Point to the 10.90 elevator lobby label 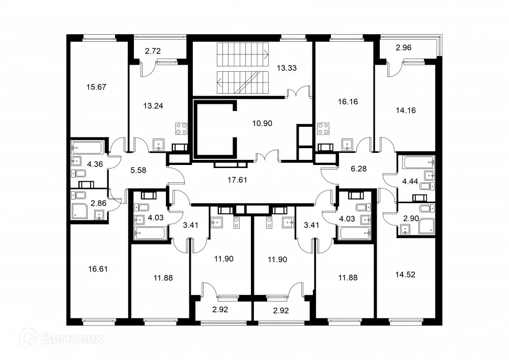tap(264, 123)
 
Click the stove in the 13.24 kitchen tap(182, 129)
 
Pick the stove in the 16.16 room tap(323, 129)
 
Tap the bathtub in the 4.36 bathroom tap(89, 148)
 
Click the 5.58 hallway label tap(138, 170)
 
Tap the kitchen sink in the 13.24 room tap(158, 144)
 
